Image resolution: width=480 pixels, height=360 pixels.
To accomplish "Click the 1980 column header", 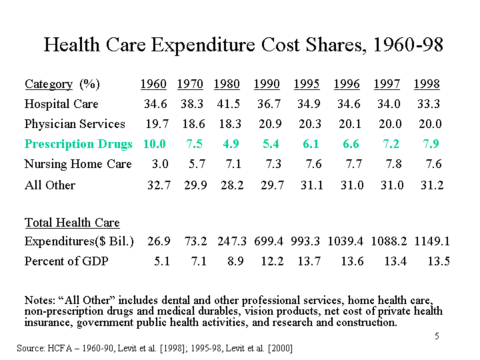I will click(227, 84).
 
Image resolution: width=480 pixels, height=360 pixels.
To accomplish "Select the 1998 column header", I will click(427, 84).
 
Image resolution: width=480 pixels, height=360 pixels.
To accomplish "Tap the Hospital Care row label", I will click(61, 104).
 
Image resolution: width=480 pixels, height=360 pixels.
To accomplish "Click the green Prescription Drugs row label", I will click(79, 144).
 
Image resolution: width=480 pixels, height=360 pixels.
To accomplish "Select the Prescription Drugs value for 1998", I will click(429, 144).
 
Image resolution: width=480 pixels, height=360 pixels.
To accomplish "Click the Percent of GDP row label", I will click(66, 261).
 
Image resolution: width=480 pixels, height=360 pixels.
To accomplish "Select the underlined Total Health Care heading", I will click(72, 223).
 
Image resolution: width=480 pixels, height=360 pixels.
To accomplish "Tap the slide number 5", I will click(437, 336).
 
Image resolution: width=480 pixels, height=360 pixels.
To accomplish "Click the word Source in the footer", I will click(30, 348).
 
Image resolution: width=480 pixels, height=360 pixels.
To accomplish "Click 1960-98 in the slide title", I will click(408, 45).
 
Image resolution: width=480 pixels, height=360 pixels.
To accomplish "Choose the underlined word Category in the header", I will click(48, 84).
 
